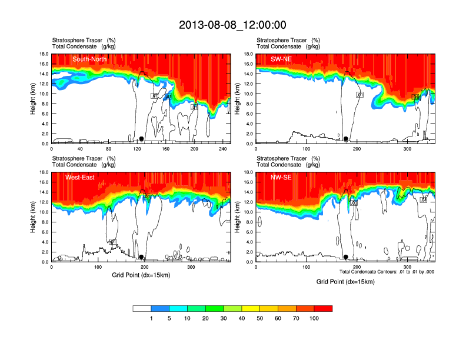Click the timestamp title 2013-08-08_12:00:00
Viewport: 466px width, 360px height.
tap(232, 25)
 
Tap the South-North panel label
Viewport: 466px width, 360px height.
tap(90, 59)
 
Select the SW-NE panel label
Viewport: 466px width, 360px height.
tap(281, 59)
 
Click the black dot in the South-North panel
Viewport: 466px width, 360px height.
tap(141, 139)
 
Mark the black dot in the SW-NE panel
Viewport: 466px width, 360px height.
tap(346, 139)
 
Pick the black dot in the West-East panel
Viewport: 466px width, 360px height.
tap(141, 257)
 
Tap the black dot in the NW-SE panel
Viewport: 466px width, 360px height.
tap(346, 257)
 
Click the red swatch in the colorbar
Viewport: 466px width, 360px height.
tap(323, 308)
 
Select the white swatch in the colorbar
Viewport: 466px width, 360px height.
tap(142, 308)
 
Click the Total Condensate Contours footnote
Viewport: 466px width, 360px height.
tap(387, 272)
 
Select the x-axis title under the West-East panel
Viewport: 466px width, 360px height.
tap(141, 275)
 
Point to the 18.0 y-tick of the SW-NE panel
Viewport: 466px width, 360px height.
tap(248, 54)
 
